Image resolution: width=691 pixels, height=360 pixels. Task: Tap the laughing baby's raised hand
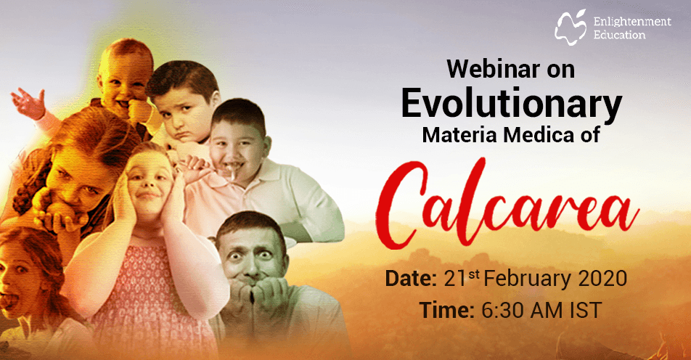[x=28, y=103]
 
